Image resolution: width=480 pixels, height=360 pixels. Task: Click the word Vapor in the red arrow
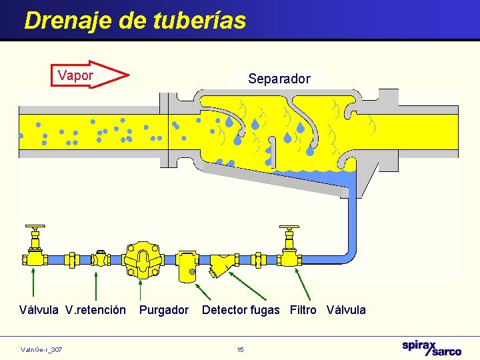pos(75,75)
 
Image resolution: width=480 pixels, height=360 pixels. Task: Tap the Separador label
pos(279,79)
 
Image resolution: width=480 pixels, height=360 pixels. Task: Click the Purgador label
pos(164,310)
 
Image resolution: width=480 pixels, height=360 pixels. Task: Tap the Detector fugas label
pos(241,310)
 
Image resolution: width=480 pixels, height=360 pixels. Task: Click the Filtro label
pos(303,310)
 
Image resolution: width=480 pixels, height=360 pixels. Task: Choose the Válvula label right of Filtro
pos(346,310)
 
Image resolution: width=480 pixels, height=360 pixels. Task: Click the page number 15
pos(240,349)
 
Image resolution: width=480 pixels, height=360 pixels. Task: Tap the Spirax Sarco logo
pos(431,348)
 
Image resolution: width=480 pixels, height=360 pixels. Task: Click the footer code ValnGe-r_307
pos(41,349)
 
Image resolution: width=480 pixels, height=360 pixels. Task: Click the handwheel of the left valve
pos(34,228)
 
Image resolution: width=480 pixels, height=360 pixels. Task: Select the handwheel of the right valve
pos(289,231)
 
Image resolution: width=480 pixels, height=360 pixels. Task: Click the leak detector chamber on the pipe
pos(186,265)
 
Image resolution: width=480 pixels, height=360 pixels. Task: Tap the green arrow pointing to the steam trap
pos(140,289)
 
